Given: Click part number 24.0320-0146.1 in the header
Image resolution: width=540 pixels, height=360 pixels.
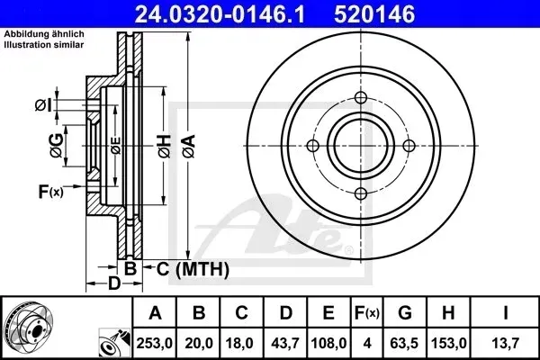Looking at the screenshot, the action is click(220, 14).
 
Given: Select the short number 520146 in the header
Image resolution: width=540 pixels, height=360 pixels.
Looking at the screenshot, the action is click(374, 14).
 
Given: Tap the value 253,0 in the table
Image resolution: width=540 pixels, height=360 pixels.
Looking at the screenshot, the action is click(154, 343).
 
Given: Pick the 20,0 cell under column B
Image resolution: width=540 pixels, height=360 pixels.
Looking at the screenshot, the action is click(199, 343).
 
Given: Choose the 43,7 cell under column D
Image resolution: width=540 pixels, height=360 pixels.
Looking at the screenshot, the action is click(285, 343).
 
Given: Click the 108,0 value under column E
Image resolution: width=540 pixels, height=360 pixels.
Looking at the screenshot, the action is click(328, 343).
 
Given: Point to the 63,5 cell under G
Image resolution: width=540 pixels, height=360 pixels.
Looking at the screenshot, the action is click(405, 343).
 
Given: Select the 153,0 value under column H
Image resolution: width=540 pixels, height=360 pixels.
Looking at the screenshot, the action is click(448, 343).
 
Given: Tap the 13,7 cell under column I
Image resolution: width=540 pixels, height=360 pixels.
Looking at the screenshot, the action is click(505, 343).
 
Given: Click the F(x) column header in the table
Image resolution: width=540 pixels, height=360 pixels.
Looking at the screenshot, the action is click(367, 313).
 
